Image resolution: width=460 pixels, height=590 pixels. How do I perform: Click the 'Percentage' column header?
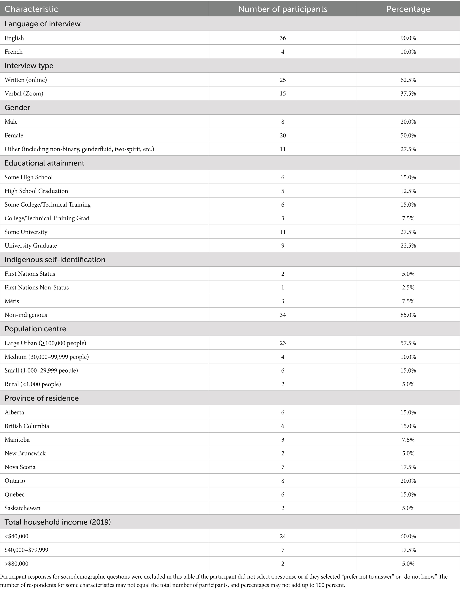408,9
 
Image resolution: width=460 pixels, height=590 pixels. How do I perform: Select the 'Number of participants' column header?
282,9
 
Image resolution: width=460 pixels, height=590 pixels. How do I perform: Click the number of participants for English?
282,38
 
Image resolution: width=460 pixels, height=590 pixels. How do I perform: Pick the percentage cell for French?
408,52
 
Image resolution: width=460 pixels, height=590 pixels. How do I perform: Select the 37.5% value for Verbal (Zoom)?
408,94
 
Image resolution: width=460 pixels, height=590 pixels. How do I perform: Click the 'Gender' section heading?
17,108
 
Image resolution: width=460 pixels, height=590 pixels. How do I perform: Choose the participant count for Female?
282,135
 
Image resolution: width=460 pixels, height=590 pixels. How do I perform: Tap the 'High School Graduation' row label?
36,191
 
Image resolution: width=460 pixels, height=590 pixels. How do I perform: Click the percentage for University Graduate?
408,246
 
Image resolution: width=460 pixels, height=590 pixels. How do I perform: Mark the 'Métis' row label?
12,301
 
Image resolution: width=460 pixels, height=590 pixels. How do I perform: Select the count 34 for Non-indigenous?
282,315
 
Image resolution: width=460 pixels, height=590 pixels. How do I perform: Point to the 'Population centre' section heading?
35,329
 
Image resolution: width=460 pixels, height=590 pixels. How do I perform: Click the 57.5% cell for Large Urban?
408,343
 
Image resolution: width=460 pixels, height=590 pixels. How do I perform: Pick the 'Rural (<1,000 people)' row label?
33,384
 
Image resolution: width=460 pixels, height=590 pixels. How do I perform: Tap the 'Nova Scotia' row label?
20,467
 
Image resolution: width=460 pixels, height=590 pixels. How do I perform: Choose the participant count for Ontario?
282,481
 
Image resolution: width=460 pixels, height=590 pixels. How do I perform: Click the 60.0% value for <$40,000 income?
408,536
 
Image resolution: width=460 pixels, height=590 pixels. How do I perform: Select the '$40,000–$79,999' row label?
26,550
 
